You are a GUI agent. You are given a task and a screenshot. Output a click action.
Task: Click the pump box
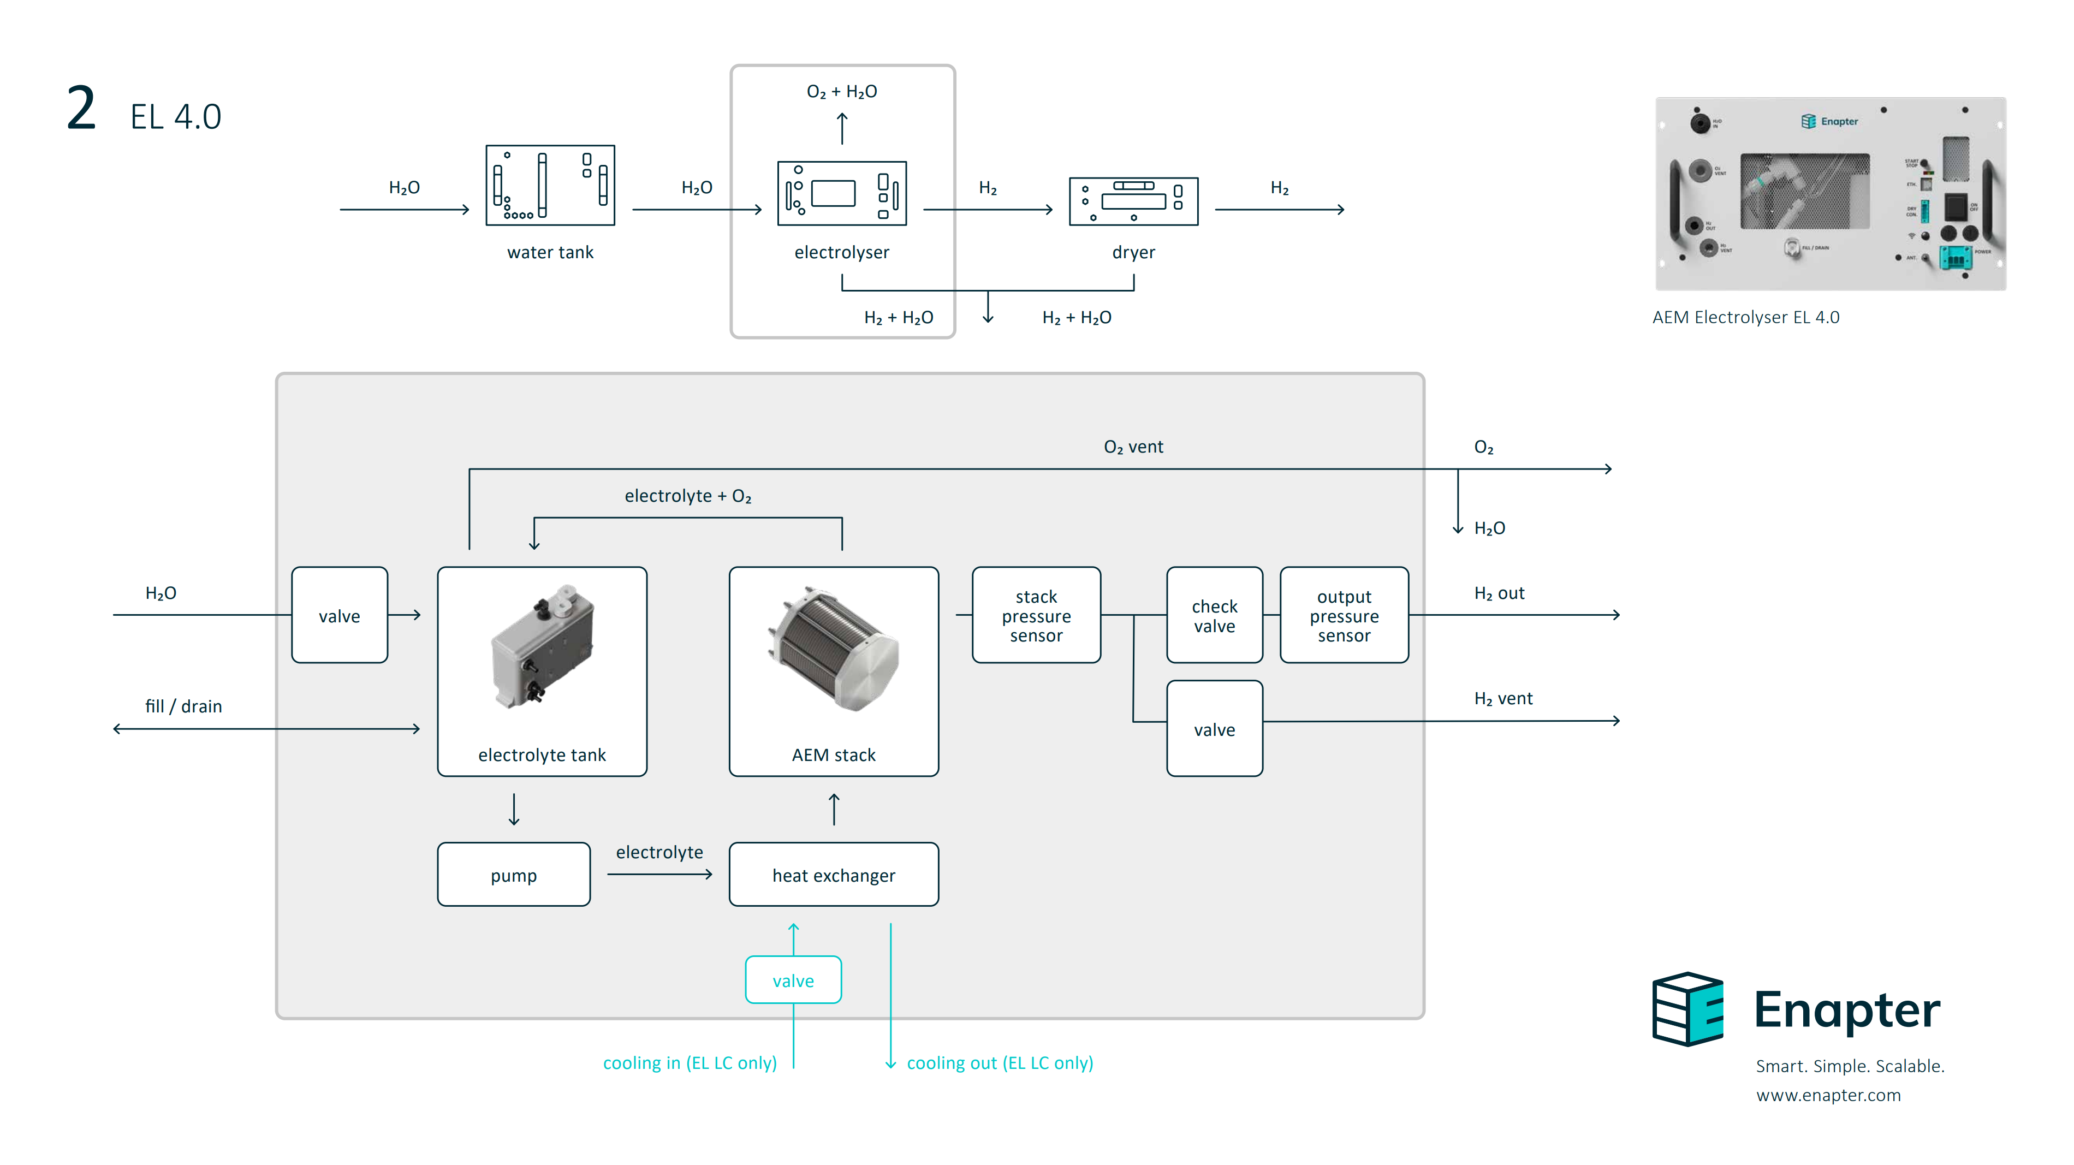[x=514, y=875]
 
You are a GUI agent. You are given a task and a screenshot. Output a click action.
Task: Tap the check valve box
[x=1214, y=615]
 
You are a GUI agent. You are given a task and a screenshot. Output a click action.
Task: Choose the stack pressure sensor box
[x=1036, y=615]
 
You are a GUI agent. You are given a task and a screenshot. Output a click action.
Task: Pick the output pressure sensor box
[x=1344, y=615]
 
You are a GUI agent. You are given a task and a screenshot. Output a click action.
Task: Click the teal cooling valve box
[x=793, y=980]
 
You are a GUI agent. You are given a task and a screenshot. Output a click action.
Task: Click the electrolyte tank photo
[x=543, y=647]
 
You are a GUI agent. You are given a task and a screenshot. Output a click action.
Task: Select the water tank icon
[x=550, y=185]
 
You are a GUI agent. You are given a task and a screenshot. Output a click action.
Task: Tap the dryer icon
[x=1133, y=201]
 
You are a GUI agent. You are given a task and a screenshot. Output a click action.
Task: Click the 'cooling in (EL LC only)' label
[x=690, y=1063]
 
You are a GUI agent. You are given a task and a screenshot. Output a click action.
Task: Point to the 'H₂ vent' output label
[x=1503, y=699]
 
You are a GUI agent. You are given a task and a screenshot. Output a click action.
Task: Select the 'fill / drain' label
[x=183, y=706]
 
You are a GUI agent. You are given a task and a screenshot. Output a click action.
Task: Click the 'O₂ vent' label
[x=1133, y=447]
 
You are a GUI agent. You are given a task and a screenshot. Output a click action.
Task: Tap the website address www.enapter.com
[x=1828, y=1095]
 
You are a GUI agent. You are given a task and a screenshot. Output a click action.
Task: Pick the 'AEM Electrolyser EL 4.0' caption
[x=1745, y=317]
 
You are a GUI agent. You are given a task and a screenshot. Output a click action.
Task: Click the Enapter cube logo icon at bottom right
[x=1687, y=1009]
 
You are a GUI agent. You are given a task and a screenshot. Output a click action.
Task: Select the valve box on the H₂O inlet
[x=339, y=615]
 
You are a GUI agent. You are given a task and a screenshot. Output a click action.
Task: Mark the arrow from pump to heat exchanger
[x=659, y=875]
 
